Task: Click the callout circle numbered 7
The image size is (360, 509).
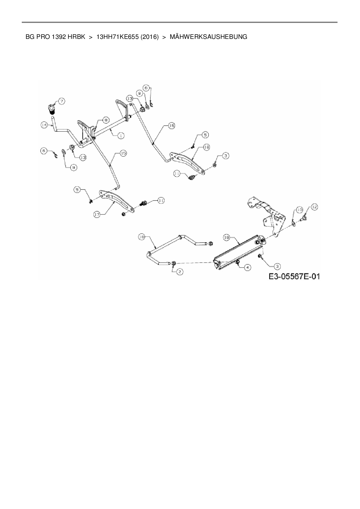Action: coord(62,101)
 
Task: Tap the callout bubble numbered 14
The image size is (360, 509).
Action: coord(44,125)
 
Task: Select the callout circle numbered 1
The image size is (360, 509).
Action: coord(120,135)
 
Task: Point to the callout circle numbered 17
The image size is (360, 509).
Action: coord(97,214)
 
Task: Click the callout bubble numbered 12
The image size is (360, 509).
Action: coord(314,207)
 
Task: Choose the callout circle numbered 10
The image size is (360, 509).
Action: coord(299,210)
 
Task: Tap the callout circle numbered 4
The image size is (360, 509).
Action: coord(247,268)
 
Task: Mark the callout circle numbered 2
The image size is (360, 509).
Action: coord(180,272)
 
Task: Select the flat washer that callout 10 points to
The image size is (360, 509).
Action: coord(293,223)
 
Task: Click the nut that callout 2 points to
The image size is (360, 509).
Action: coord(174,263)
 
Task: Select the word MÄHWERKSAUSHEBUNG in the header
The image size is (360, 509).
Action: coord(208,37)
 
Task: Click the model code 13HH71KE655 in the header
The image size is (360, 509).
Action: coord(117,37)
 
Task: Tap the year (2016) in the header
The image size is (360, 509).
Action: coord(149,37)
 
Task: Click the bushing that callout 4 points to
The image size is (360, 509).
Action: coord(238,262)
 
